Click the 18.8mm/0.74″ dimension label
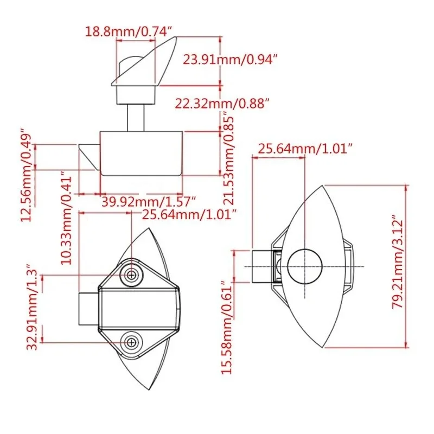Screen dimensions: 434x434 coord(129,31)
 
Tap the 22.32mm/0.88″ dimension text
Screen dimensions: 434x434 coord(222,103)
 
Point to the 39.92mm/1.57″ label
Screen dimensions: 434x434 coord(148,201)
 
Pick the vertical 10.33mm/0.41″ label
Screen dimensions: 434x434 coord(66,218)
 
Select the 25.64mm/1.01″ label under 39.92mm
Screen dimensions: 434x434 coord(190,214)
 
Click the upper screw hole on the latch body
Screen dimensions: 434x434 coord(131,275)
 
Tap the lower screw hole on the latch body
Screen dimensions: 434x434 coord(131,342)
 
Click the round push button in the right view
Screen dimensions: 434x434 coord(305,267)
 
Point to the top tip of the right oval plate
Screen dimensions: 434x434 coord(324,187)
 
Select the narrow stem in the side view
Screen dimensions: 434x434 coord(136,117)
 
